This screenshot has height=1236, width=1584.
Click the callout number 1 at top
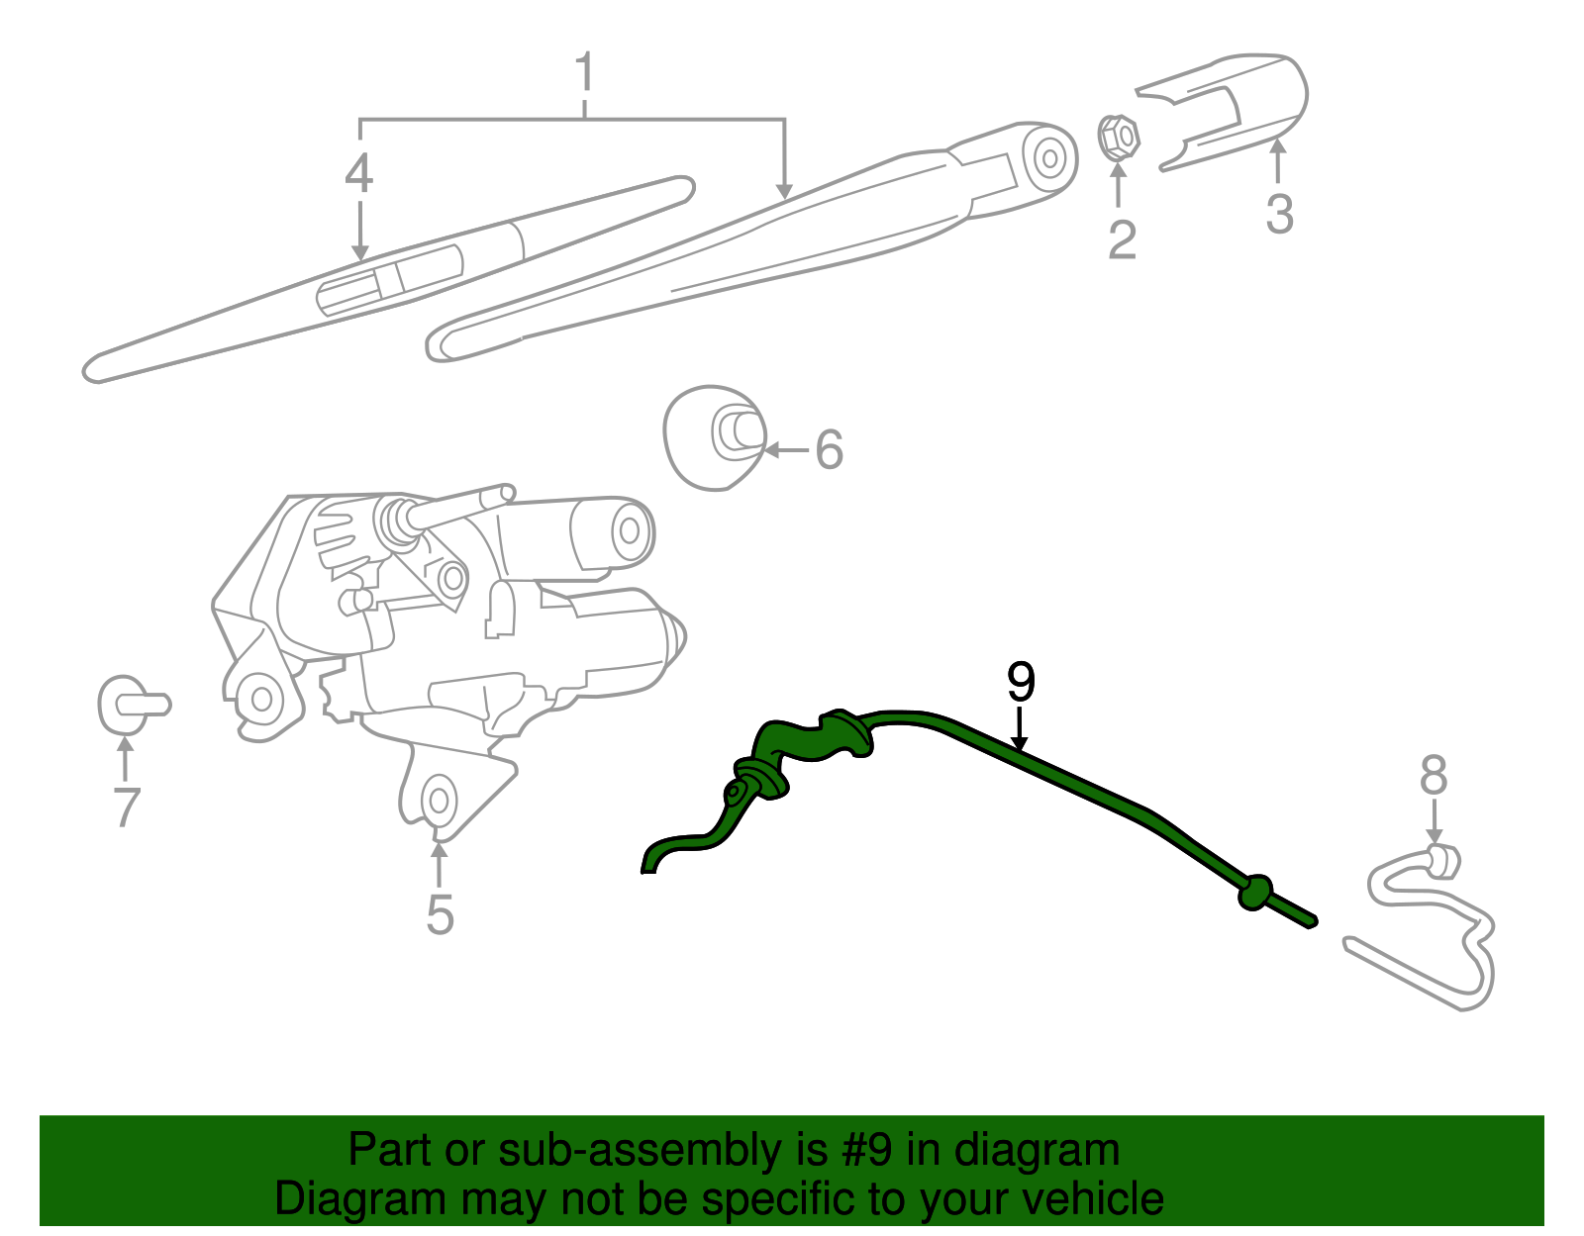tap(584, 73)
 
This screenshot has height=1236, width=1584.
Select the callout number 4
tap(358, 174)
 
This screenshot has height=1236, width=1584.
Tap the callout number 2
tap(1121, 239)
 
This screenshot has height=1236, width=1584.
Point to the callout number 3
tap(1279, 215)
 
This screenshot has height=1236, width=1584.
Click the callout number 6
tap(829, 450)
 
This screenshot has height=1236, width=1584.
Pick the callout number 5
tap(440, 914)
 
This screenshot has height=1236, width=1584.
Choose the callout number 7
tap(126, 808)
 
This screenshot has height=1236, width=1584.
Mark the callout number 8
tap(1433, 775)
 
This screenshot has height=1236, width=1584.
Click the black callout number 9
tap(1020, 682)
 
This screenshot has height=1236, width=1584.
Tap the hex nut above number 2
tap(1119, 138)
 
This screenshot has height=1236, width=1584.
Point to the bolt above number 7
tap(132, 705)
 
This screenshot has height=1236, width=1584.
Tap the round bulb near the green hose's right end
tap(1255, 892)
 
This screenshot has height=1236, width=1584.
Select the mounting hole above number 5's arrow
tap(437, 800)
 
